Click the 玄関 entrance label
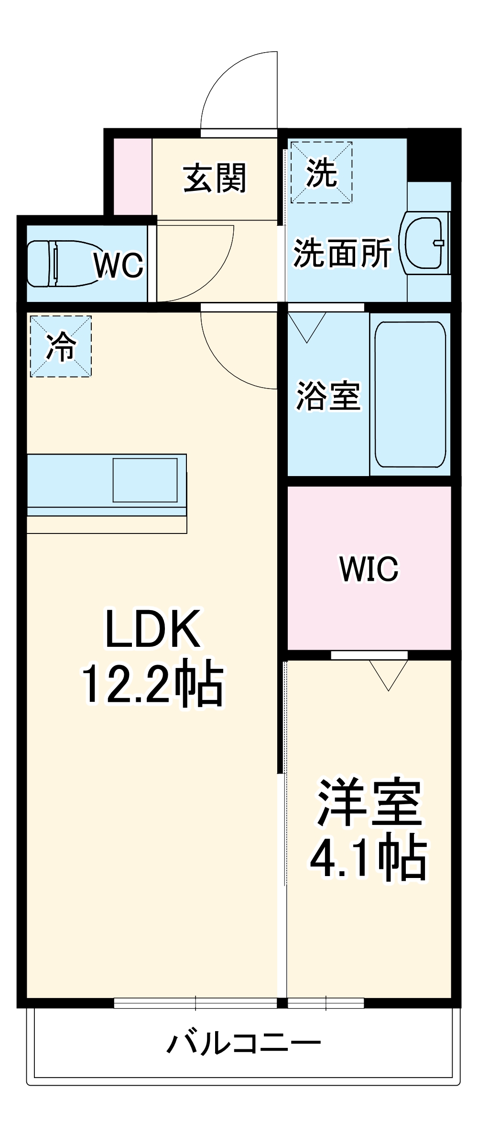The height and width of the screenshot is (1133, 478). click(x=215, y=178)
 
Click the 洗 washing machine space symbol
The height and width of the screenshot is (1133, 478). click(x=322, y=172)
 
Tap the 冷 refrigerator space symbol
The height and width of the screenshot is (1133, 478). click(x=61, y=346)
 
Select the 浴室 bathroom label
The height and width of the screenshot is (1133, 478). click(x=328, y=395)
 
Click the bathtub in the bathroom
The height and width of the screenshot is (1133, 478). click(x=410, y=394)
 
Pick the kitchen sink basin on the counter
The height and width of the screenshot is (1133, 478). click(x=145, y=480)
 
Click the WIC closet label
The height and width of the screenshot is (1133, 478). click(x=369, y=568)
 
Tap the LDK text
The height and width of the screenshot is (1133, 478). click(x=153, y=629)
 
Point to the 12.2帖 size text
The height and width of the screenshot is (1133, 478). click(x=153, y=684)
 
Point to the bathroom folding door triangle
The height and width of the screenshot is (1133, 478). click(x=307, y=325)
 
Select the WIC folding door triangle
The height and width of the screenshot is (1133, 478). click(x=388, y=673)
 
